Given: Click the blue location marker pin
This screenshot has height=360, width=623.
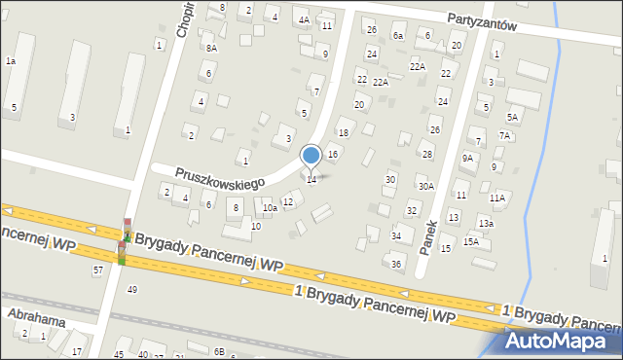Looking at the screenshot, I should coord(311,156).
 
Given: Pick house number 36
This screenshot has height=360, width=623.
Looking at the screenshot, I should coord(396,264).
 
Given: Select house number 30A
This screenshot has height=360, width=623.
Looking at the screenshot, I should coord(425,187).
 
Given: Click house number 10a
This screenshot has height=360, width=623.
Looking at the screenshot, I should coord(270,207).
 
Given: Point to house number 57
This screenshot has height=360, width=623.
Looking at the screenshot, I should coord(97,269).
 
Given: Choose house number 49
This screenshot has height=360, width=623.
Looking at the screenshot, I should coord(132,289).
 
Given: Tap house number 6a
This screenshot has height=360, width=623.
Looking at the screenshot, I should coord(397,35).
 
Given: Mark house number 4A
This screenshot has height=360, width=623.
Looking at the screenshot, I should coord(304,19).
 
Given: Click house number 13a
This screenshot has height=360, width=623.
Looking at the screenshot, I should coord(485,224).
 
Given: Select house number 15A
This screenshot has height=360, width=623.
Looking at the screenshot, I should coord(470,241).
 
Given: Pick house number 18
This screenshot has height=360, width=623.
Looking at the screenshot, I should coord(343,132).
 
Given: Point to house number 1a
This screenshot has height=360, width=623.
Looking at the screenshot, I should coord(10,61).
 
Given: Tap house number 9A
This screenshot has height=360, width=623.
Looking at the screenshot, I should coord(468,158).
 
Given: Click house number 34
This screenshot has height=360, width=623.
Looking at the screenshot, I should coord(396,235).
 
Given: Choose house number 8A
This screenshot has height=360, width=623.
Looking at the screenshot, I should coord(211,47).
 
